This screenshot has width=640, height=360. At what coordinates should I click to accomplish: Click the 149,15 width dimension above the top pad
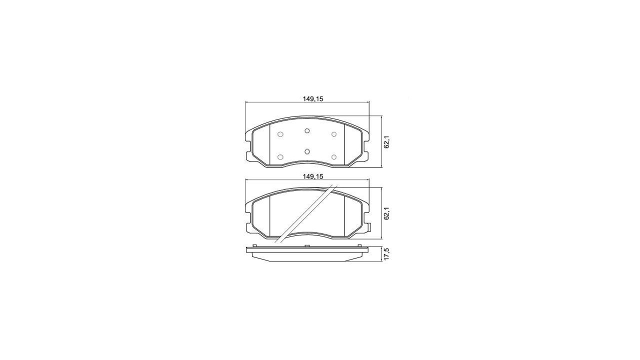(313, 99)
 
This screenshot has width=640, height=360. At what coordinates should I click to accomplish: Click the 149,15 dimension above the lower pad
(313, 176)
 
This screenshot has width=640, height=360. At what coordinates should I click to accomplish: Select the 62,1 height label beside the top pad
(387, 141)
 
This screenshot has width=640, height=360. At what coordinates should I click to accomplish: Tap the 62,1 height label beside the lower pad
(387, 213)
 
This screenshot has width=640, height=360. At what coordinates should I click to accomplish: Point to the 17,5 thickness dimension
(387, 253)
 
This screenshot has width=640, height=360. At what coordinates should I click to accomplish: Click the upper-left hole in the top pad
(280, 134)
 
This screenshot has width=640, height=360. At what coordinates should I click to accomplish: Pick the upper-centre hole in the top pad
(307, 130)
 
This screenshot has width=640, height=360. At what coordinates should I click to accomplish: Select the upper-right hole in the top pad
(333, 134)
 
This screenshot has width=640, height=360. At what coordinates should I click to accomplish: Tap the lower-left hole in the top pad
(280, 157)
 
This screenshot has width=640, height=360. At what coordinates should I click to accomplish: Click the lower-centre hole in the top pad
(307, 151)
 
